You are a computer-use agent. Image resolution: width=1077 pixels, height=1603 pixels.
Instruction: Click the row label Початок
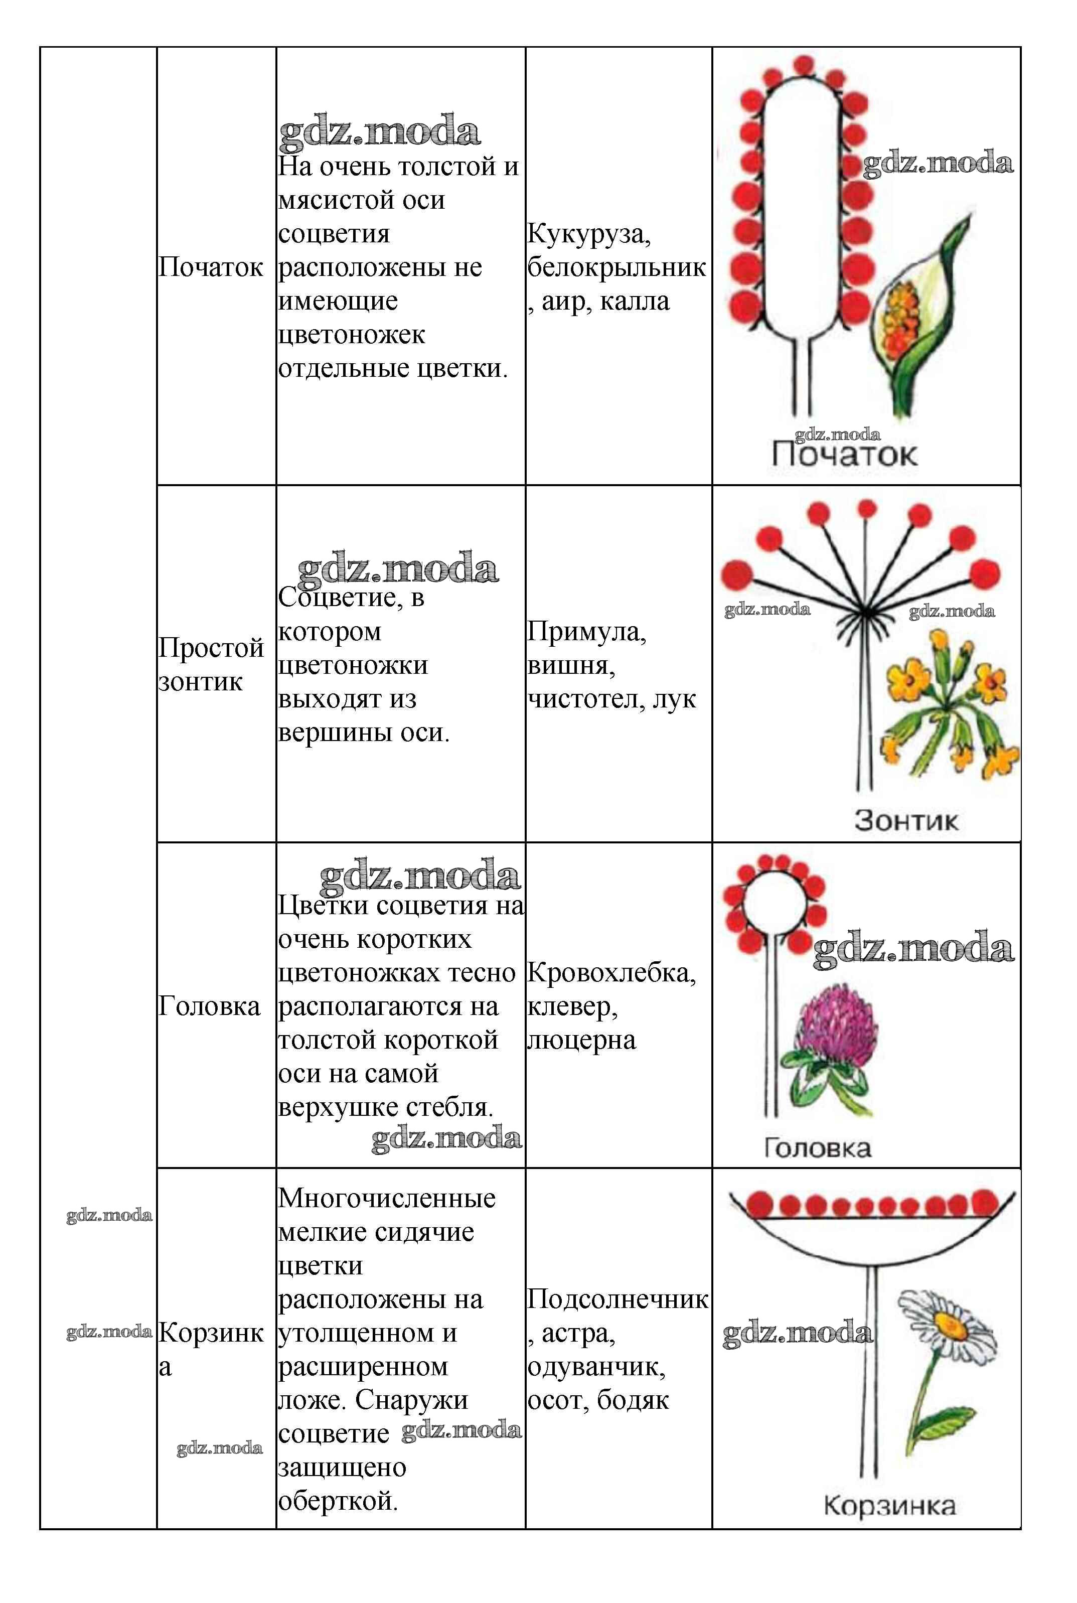tap(210, 267)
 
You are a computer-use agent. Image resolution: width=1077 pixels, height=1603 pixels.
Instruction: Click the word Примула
tap(586, 632)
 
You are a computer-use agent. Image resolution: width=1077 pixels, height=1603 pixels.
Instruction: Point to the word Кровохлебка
tap(610, 972)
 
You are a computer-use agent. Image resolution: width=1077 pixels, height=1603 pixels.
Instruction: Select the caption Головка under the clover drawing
tap(817, 1147)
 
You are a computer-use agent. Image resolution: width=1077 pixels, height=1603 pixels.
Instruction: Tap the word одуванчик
tap(595, 1367)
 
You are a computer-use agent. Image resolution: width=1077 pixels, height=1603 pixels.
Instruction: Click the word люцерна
tap(581, 1040)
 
